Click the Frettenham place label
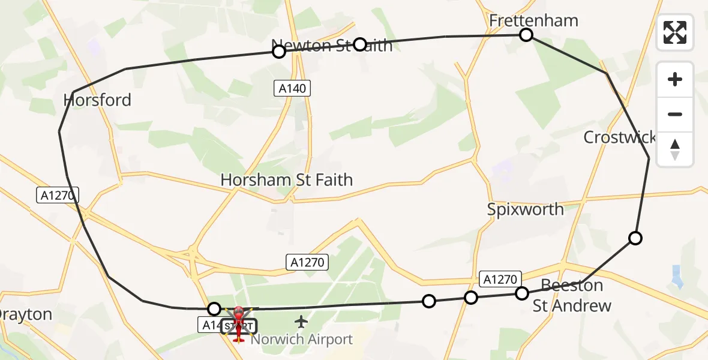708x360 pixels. pyautogui.click(x=533, y=20)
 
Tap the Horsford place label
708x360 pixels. pyautogui.click(x=97, y=100)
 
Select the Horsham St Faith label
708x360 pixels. pyautogui.click(x=286, y=179)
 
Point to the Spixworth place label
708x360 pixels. pyautogui.click(x=525, y=209)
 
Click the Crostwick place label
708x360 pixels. pyautogui.click(x=619, y=137)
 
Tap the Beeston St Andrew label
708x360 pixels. pyautogui.click(x=572, y=295)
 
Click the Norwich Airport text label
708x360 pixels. pyautogui.click(x=302, y=340)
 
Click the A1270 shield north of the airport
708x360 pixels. pyautogui.click(x=307, y=262)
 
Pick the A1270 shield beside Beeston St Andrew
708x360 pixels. pyautogui.click(x=500, y=278)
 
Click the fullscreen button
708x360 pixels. pyautogui.click(x=675, y=32)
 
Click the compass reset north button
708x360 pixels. pyautogui.click(x=675, y=149)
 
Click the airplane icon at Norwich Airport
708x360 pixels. pyautogui.click(x=301, y=322)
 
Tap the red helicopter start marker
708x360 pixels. pyautogui.click(x=239, y=324)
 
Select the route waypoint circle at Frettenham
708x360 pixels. pyautogui.click(x=526, y=35)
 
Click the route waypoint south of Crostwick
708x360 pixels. pyautogui.click(x=635, y=238)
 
